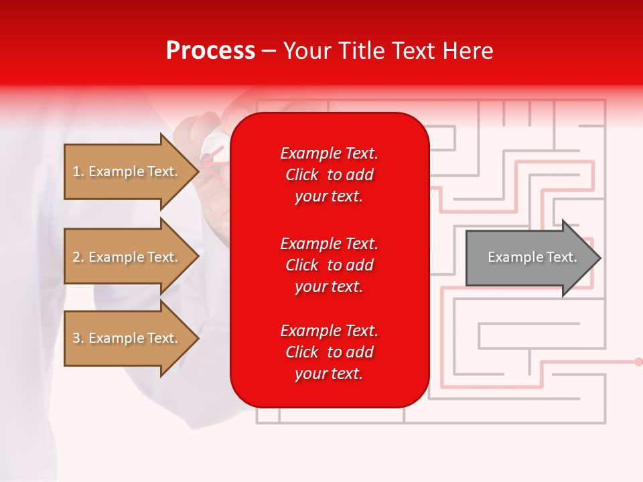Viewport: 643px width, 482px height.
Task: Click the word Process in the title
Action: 210,51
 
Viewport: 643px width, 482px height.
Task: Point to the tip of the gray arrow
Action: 599,258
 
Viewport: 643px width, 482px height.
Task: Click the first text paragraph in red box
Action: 329,175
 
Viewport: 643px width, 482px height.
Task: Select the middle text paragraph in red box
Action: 329,265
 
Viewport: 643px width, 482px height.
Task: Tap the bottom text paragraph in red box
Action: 329,352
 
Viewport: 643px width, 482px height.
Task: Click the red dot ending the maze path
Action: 638,361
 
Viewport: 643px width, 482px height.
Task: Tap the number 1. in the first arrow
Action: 78,171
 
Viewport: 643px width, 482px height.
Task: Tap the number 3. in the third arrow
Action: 78,338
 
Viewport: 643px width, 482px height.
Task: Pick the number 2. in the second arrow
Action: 78,257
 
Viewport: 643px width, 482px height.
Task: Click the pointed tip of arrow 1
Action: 198,171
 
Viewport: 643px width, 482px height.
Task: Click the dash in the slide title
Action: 269,52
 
